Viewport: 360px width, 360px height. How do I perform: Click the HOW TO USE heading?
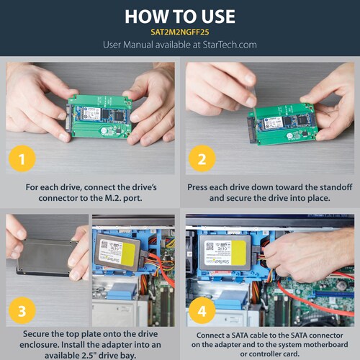coord(179,17)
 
